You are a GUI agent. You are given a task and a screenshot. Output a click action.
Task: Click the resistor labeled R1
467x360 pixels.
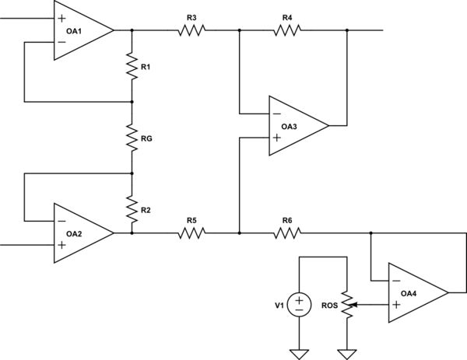point(132,66)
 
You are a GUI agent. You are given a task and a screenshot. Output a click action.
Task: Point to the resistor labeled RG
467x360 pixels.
point(132,137)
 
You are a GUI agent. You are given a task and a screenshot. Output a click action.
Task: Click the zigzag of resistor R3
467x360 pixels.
point(191,30)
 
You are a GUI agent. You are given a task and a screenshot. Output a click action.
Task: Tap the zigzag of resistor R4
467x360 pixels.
point(287,30)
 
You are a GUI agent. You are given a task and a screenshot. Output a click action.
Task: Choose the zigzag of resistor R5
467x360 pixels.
point(191,232)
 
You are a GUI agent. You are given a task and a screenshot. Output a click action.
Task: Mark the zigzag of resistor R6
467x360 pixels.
point(287,232)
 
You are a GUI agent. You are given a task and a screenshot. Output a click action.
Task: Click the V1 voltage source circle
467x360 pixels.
point(299,305)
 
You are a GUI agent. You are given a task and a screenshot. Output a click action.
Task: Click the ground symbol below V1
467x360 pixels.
point(299,354)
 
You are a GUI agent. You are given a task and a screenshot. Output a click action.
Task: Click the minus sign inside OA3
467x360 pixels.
point(276,114)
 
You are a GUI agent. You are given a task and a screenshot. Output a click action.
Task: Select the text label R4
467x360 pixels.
point(287,16)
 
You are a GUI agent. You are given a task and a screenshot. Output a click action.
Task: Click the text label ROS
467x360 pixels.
point(328,306)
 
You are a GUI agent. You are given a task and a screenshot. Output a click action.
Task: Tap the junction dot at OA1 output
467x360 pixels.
point(132,30)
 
